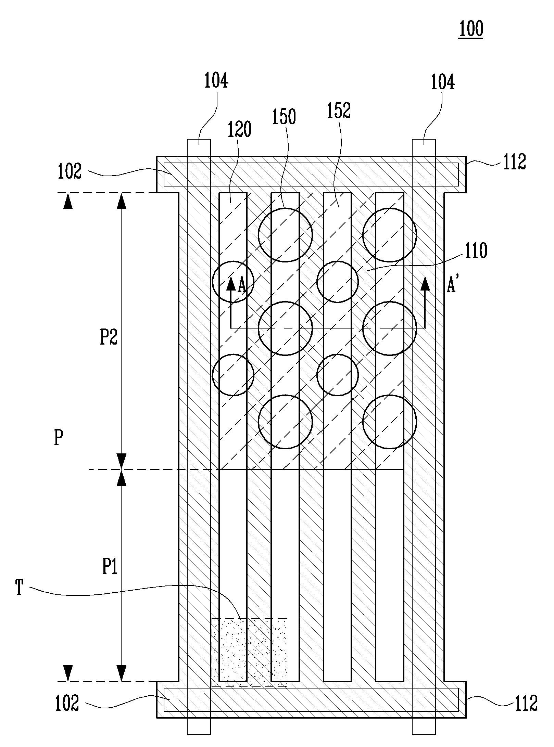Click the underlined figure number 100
(x=471, y=29)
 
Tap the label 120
(x=239, y=129)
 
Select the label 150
(x=284, y=117)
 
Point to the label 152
(x=339, y=111)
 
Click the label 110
(x=475, y=250)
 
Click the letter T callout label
(x=20, y=588)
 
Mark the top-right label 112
(x=514, y=162)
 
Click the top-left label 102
(x=70, y=171)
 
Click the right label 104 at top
(x=442, y=82)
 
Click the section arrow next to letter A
(x=231, y=302)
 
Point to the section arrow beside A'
(x=425, y=302)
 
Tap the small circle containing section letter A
(x=233, y=282)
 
